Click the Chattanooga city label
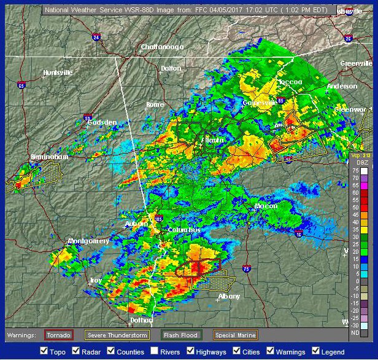(162, 47)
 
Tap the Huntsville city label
(58, 72)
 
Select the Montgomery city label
(89, 241)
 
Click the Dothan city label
(141, 321)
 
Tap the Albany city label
(229, 297)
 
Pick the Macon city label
(266, 206)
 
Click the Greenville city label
(357, 63)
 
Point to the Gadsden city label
(102, 122)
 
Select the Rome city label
(155, 104)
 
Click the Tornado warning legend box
(59, 335)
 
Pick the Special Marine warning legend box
(235, 335)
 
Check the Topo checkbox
(44, 351)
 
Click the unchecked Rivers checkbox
(155, 351)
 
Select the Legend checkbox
(317, 351)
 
